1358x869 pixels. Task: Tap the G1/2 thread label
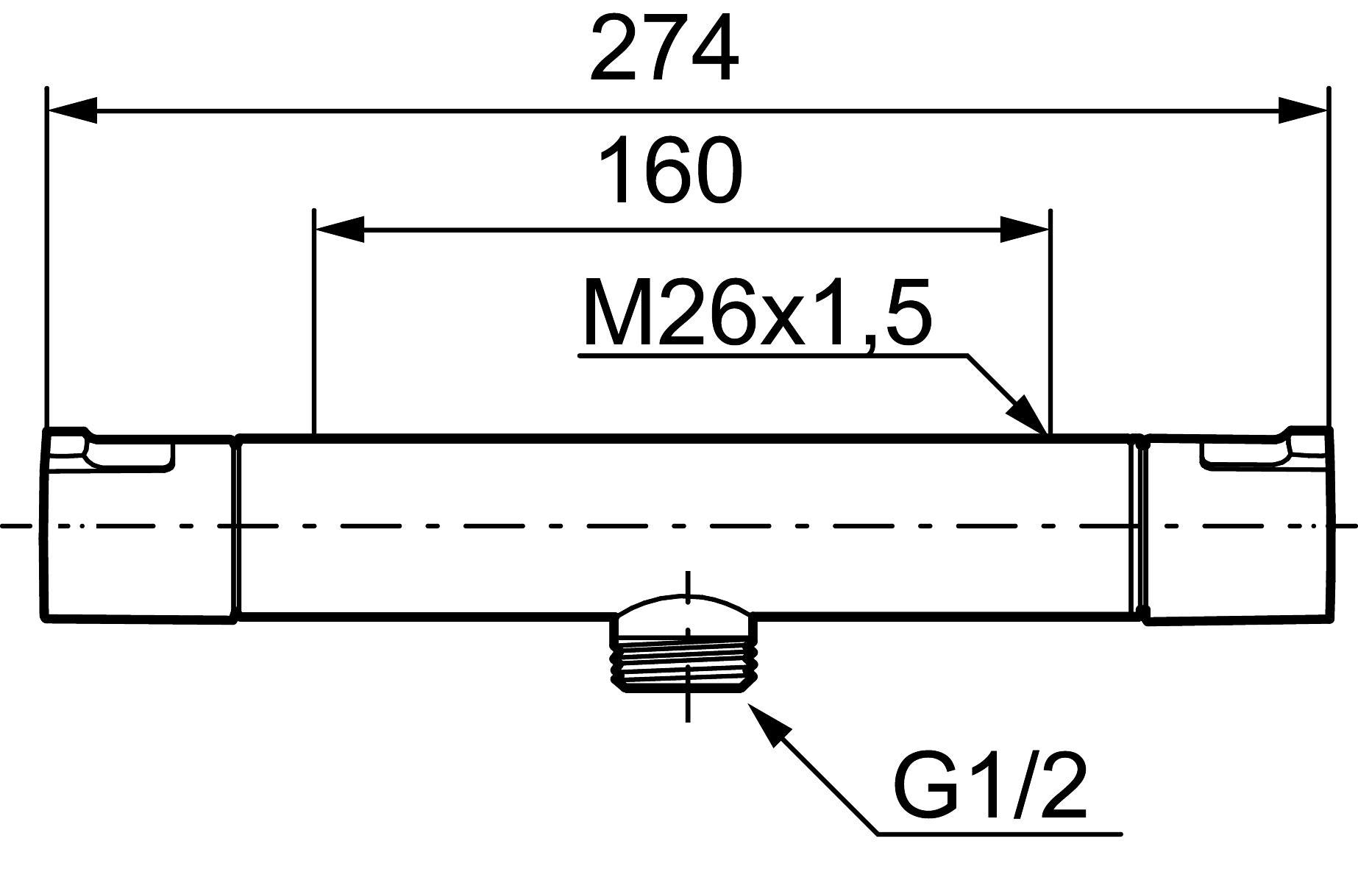[989, 787]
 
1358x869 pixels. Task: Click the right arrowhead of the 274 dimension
[1303, 111]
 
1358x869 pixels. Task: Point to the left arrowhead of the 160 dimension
[339, 230]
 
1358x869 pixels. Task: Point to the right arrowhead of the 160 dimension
[1025, 230]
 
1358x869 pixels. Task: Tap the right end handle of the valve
[1237, 527]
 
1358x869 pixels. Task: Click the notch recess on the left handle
[129, 453]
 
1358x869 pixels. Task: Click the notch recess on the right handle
[1245, 453]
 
